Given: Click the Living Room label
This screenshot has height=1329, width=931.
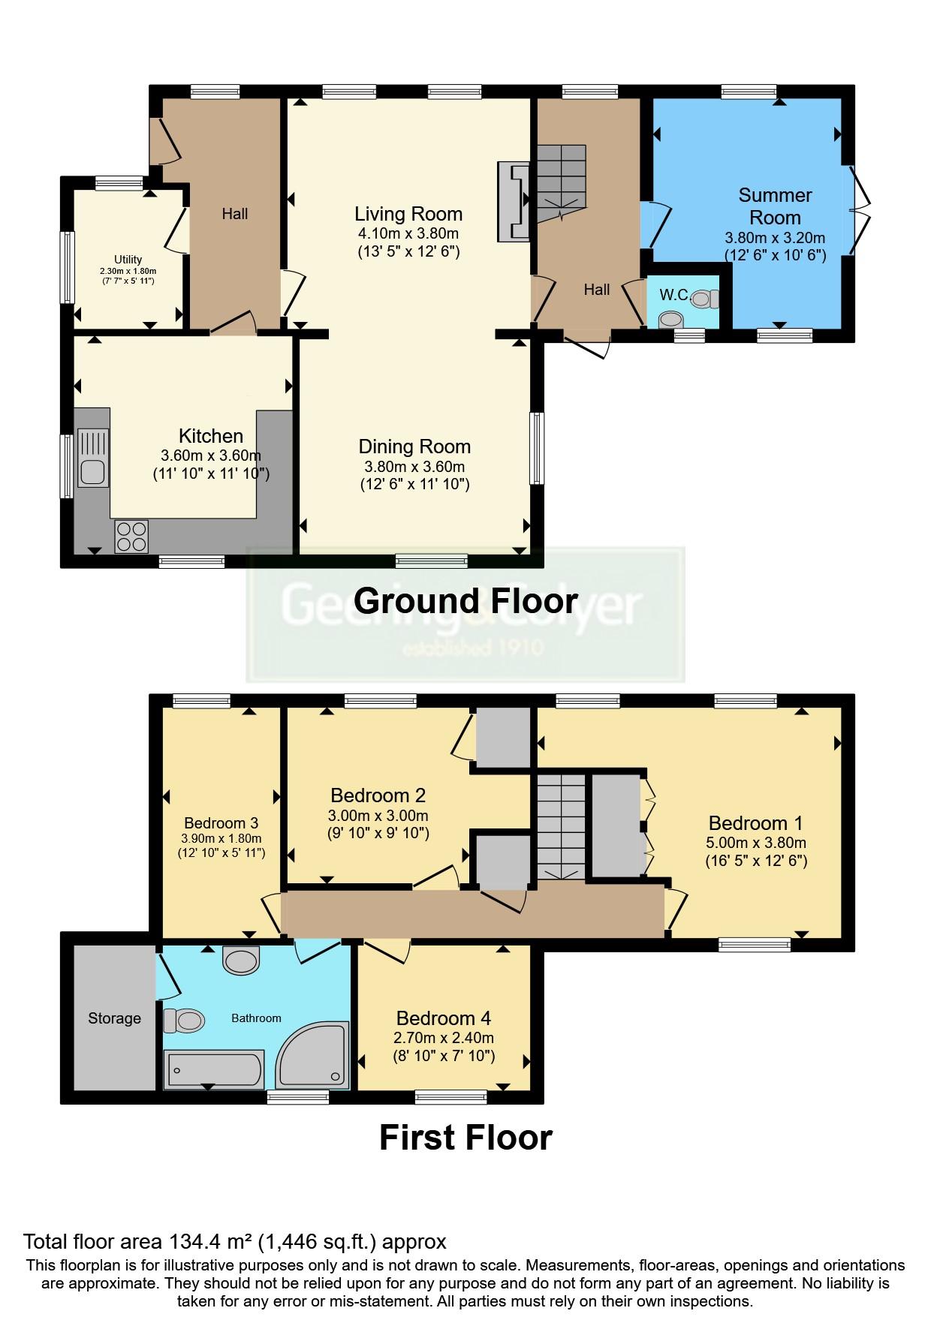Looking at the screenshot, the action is pos(408,214).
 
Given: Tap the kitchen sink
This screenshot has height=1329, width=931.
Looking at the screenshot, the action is pos(93,459).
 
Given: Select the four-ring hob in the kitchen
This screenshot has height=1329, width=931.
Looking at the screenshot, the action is pos(131,537).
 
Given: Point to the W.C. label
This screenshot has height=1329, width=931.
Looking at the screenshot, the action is pos(675,295).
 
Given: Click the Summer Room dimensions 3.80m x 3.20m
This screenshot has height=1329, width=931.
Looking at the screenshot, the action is pos(775,238).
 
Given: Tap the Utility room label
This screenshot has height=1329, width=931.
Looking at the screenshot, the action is pos(128,260).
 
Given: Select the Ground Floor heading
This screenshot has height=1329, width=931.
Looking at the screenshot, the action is pos(465,600).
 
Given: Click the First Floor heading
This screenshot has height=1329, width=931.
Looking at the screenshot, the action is pos(465,1137).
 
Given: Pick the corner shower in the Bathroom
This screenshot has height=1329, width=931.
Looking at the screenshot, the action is pos(312,1054).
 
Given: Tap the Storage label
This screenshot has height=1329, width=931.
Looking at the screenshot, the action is pos(114,1018).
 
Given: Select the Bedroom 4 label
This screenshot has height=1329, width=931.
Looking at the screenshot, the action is pos(444,1018).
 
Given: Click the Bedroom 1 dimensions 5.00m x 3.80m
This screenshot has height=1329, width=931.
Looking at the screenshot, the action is pos(756,843).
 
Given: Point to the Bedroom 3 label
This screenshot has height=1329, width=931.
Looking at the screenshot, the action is pos(215,823).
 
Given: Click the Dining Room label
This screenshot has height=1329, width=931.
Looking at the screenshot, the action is pos(414,447).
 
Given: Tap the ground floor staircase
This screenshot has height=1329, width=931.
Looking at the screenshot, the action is pos(560,182).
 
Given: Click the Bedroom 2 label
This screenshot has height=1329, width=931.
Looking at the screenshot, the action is pos(378,795).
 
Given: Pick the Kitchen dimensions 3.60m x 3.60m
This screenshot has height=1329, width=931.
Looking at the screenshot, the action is pos(211,456).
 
